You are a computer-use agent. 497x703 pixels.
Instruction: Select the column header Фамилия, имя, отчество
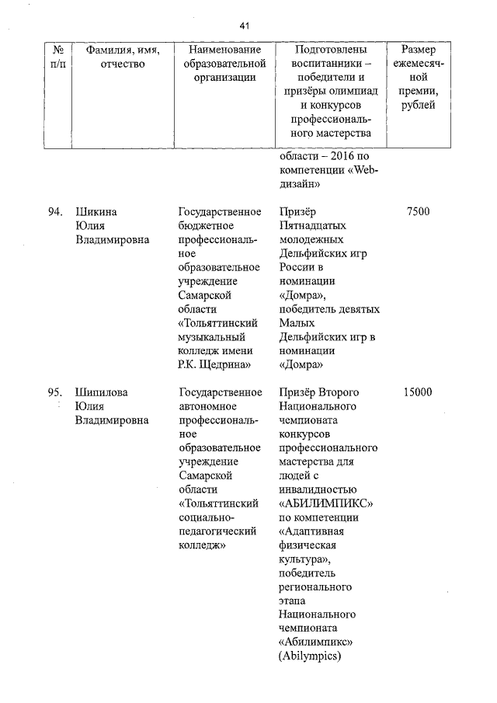(x=123, y=56)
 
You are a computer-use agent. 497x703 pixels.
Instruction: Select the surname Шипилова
(x=101, y=393)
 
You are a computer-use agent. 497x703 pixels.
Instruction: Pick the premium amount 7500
(x=418, y=212)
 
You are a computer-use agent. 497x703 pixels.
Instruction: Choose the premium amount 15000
(x=418, y=393)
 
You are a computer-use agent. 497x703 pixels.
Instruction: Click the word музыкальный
(x=212, y=338)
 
